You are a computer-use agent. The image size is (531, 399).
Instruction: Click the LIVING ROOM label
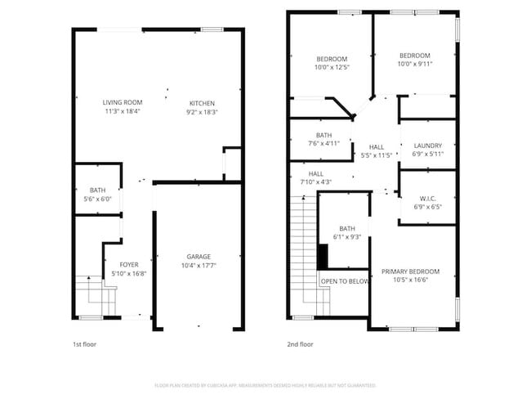(x=123, y=102)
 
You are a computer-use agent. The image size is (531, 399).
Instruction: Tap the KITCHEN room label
(x=202, y=102)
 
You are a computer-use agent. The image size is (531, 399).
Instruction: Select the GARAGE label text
(x=198, y=256)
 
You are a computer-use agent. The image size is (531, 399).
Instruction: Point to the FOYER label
(x=129, y=264)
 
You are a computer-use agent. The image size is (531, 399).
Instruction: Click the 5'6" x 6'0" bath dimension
(x=97, y=199)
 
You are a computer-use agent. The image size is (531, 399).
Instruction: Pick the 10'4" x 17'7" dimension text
(x=198, y=265)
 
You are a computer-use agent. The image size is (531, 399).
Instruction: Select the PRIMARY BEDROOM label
(x=410, y=271)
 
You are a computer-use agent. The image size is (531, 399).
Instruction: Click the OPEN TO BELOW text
(x=344, y=281)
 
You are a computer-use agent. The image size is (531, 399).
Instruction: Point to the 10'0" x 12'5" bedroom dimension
(x=332, y=68)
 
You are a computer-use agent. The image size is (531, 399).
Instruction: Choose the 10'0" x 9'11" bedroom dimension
(x=414, y=64)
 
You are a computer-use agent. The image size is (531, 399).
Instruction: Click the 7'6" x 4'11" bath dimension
(x=324, y=144)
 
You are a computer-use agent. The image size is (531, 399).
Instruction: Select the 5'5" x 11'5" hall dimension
(x=377, y=155)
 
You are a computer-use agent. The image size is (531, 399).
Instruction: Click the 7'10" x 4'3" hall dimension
(x=316, y=182)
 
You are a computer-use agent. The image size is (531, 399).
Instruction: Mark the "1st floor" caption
(x=84, y=344)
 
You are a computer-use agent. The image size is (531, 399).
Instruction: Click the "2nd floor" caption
(x=300, y=344)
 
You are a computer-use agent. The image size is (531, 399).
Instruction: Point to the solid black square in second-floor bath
(x=322, y=257)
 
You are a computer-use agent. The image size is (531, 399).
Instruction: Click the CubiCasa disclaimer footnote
(x=265, y=385)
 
